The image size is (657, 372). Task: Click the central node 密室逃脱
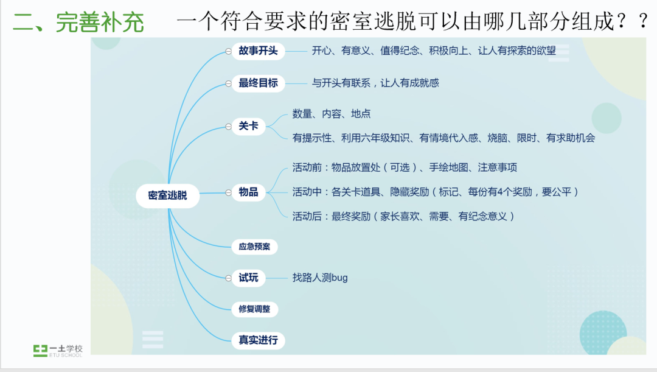168,196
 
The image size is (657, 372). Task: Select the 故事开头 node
258,51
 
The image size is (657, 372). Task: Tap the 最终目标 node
258,83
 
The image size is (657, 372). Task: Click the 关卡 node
248,127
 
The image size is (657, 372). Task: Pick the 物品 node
248,192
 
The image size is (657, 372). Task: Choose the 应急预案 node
254,247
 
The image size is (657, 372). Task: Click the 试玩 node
248,278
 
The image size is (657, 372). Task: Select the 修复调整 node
254,309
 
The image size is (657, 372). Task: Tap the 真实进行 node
258,340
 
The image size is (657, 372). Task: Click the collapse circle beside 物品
228,193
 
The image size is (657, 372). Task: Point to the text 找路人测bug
320,278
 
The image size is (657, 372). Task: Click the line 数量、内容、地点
332,114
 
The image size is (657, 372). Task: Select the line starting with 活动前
405,167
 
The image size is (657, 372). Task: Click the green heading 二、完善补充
78,22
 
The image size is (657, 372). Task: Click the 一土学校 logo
58,350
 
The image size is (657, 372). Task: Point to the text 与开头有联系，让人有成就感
375,83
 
